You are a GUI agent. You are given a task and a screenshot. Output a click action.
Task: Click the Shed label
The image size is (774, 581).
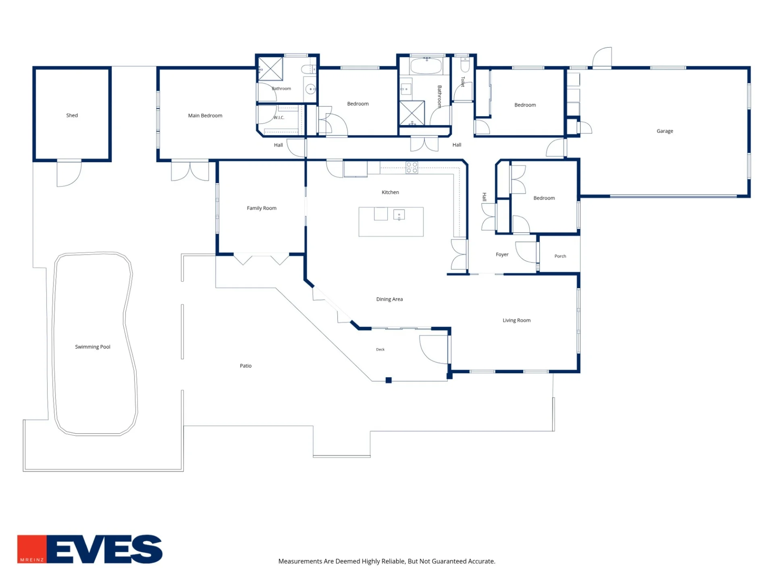coord(72,115)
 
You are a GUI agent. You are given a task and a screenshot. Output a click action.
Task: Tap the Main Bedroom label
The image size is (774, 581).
coord(205,116)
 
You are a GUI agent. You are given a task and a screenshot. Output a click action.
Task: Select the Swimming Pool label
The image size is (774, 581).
coord(93,347)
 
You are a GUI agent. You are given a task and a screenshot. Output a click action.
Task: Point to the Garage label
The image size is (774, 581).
coord(665,131)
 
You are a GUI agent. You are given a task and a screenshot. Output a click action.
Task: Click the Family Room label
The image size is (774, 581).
coord(262,208)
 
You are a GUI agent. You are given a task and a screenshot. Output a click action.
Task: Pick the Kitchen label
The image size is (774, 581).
coord(390,192)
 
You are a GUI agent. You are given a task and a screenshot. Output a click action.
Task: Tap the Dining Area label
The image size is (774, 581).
coord(389,299)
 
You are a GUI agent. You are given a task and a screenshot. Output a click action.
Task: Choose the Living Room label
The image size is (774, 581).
coord(516,320)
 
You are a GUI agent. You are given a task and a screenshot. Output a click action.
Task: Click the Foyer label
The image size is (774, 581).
coord(502,255)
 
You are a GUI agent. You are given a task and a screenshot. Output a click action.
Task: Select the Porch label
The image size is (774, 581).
coord(560,256)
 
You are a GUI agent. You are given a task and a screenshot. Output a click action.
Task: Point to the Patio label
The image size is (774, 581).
coord(246,366)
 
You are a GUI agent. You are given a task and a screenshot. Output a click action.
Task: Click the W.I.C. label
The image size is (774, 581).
coord(279,118)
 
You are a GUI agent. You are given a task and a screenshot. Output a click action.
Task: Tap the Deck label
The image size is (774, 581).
coord(380,349)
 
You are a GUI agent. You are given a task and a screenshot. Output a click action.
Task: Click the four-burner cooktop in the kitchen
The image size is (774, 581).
coord(412,167)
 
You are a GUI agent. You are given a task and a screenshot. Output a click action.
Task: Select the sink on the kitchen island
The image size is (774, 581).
coord(399,215)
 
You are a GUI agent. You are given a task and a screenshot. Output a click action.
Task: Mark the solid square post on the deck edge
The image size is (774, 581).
coord(389,380)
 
